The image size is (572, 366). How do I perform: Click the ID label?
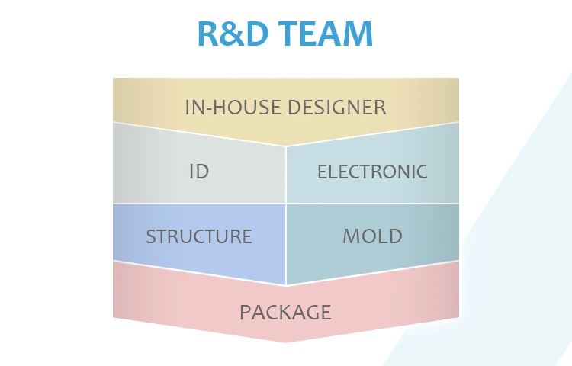[199, 172]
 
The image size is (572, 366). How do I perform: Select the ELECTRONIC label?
[372, 172]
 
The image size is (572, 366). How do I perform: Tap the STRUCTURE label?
[199, 236]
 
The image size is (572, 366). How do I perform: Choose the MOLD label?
[372, 236]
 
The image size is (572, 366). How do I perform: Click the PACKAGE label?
[285, 312]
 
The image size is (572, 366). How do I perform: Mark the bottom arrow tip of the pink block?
[286, 340]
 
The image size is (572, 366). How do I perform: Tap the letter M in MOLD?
[351, 236]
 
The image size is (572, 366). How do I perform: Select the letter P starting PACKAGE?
[245, 312]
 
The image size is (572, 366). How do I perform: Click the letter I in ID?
[191, 172]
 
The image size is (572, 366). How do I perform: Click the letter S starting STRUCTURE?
[151, 236]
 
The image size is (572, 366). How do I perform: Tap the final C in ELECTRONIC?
[422, 172]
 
